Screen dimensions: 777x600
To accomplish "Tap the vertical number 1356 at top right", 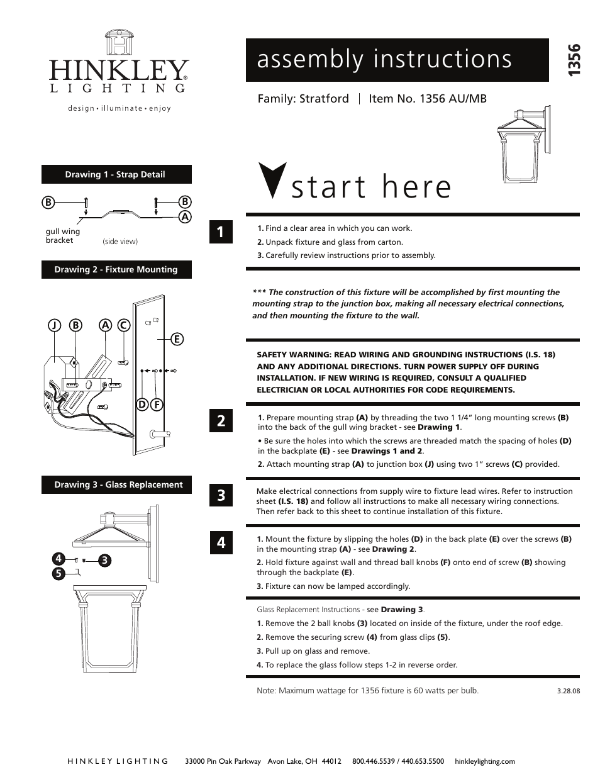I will pyautogui.click(x=573, y=61).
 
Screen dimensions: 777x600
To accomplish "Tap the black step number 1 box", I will pyautogui.click(x=221, y=232).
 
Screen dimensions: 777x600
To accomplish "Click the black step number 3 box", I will pyautogui.click(x=221, y=495).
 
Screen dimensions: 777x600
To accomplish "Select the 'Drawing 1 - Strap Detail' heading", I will pyautogui.click(x=116, y=174).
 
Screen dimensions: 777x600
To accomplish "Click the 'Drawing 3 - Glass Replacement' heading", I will pyautogui.click(x=118, y=484).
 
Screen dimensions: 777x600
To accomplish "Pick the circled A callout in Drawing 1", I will pyautogui.click(x=185, y=216).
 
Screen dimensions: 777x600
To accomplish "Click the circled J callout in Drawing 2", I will pyautogui.click(x=55, y=325).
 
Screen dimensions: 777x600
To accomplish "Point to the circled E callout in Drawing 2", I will pyautogui.click(x=177, y=339).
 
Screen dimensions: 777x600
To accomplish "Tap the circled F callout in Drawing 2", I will pyautogui.click(x=157, y=404).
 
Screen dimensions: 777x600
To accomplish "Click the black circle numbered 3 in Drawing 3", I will pyautogui.click(x=104, y=560).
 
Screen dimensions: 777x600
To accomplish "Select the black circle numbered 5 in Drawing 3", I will pyautogui.click(x=58, y=573).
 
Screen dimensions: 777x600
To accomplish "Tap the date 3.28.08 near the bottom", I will pyautogui.click(x=568, y=691).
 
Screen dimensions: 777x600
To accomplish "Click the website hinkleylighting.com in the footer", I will pyautogui.click(x=484, y=761).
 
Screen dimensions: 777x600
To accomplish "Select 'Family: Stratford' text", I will pyautogui.click(x=303, y=99).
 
